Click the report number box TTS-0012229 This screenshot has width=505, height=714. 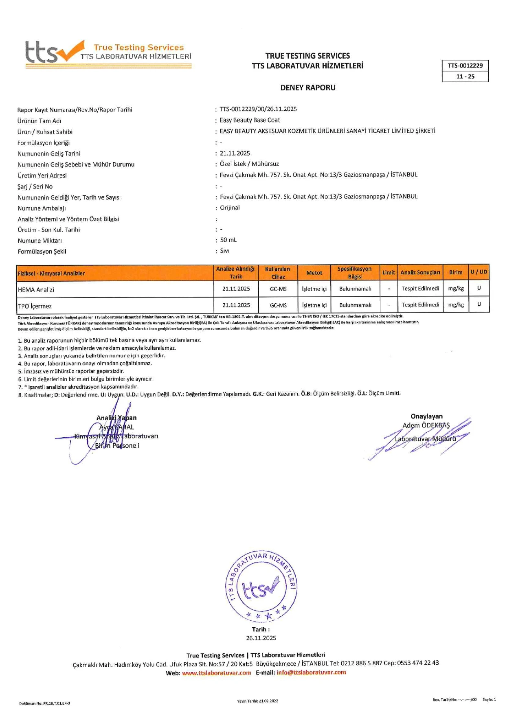tap(465, 66)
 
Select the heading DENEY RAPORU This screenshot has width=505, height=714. tap(307, 88)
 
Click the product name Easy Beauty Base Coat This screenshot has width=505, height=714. tap(250, 120)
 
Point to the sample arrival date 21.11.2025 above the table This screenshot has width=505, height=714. tap(235, 153)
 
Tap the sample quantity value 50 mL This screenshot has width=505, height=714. tap(228, 240)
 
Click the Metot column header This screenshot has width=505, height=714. tap(314, 273)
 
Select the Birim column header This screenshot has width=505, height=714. tap(455, 272)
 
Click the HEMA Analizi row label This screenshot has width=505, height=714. tap(36, 290)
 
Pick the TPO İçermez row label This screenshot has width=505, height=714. tap(35, 306)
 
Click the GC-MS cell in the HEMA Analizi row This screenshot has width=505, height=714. tap(278, 289)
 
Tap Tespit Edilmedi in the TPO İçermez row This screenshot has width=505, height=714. tap(420, 305)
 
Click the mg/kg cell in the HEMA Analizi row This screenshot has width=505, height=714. tap(456, 289)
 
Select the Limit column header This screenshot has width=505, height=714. tap(389, 272)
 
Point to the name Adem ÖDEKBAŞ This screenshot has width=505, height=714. tap(426, 425)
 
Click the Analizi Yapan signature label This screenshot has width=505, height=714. tap(116, 418)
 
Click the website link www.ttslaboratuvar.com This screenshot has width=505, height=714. tap(216, 672)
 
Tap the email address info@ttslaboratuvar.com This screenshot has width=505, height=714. tap(311, 672)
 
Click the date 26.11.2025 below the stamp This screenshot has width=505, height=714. tap(261, 638)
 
